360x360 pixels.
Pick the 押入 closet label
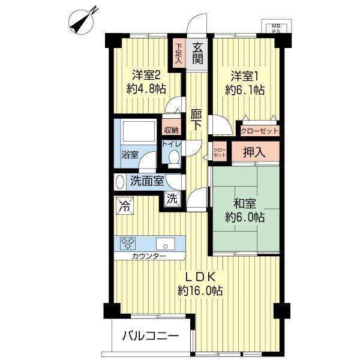click(256, 152)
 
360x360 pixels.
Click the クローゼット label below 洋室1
click(259, 130)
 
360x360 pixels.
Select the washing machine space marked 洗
click(171, 199)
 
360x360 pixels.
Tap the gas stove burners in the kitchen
click(128, 243)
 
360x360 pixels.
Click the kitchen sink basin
click(166, 244)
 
